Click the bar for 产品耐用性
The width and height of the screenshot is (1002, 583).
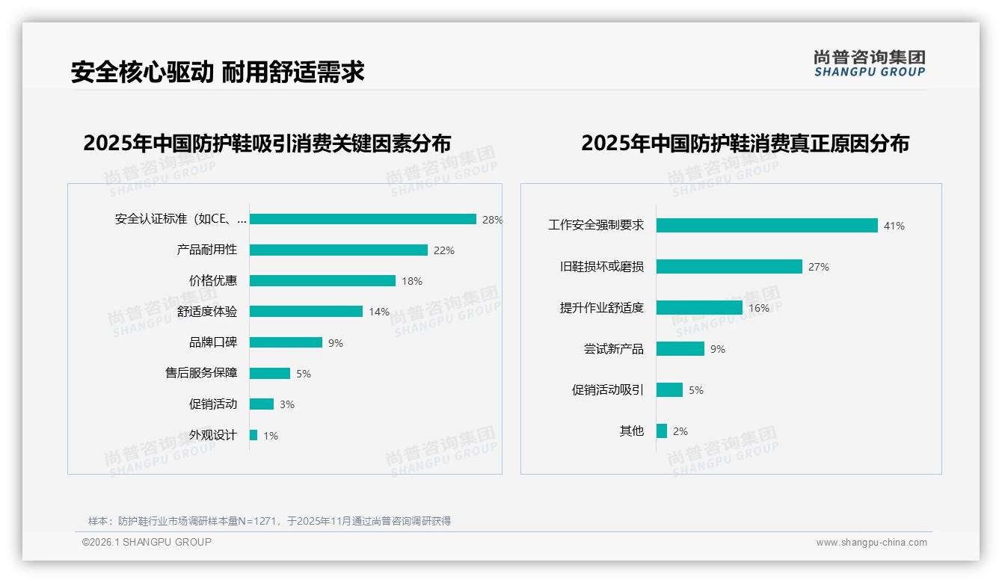pyautogui.click(x=338, y=250)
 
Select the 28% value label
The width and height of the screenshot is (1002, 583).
pyautogui.click(x=492, y=220)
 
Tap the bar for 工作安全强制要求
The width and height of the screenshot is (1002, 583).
pyautogui.click(x=766, y=225)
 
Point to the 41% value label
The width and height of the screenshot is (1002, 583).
pyautogui.click(x=894, y=226)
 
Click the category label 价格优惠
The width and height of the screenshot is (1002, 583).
pyautogui.click(x=213, y=280)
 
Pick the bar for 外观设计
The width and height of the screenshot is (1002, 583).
pyautogui.click(x=253, y=435)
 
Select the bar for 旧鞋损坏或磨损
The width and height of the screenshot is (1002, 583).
pyautogui.click(x=729, y=267)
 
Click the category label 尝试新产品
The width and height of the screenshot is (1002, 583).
pyautogui.click(x=613, y=349)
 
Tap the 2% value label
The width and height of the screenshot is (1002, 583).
pyautogui.click(x=680, y=431)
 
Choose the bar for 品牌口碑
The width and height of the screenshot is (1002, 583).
pyautogui.click(x=286, y=342)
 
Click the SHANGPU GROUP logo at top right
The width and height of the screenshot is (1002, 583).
pyautogui.click(x=869, y=63)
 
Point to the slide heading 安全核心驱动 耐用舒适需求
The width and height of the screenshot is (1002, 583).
pyautogui.click(x=218, y=73)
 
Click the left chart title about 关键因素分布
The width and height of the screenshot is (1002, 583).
pyautogui.click(x=267, y=143)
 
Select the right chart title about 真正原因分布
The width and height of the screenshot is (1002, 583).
pyautogui.click(x=745, y=143)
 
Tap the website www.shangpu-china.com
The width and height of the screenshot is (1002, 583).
pyautogui.click(x=871, y=543)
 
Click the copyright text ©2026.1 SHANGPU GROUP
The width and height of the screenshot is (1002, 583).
pyautogui.click(x=147, y=542)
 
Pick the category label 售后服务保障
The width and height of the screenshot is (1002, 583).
pyautogui.click(x=201, y=373)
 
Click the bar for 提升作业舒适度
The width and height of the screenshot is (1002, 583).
pyautogui.click(x=699, y=308)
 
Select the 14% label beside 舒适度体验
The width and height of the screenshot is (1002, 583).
pyautogui.click(x=378, y=312)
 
